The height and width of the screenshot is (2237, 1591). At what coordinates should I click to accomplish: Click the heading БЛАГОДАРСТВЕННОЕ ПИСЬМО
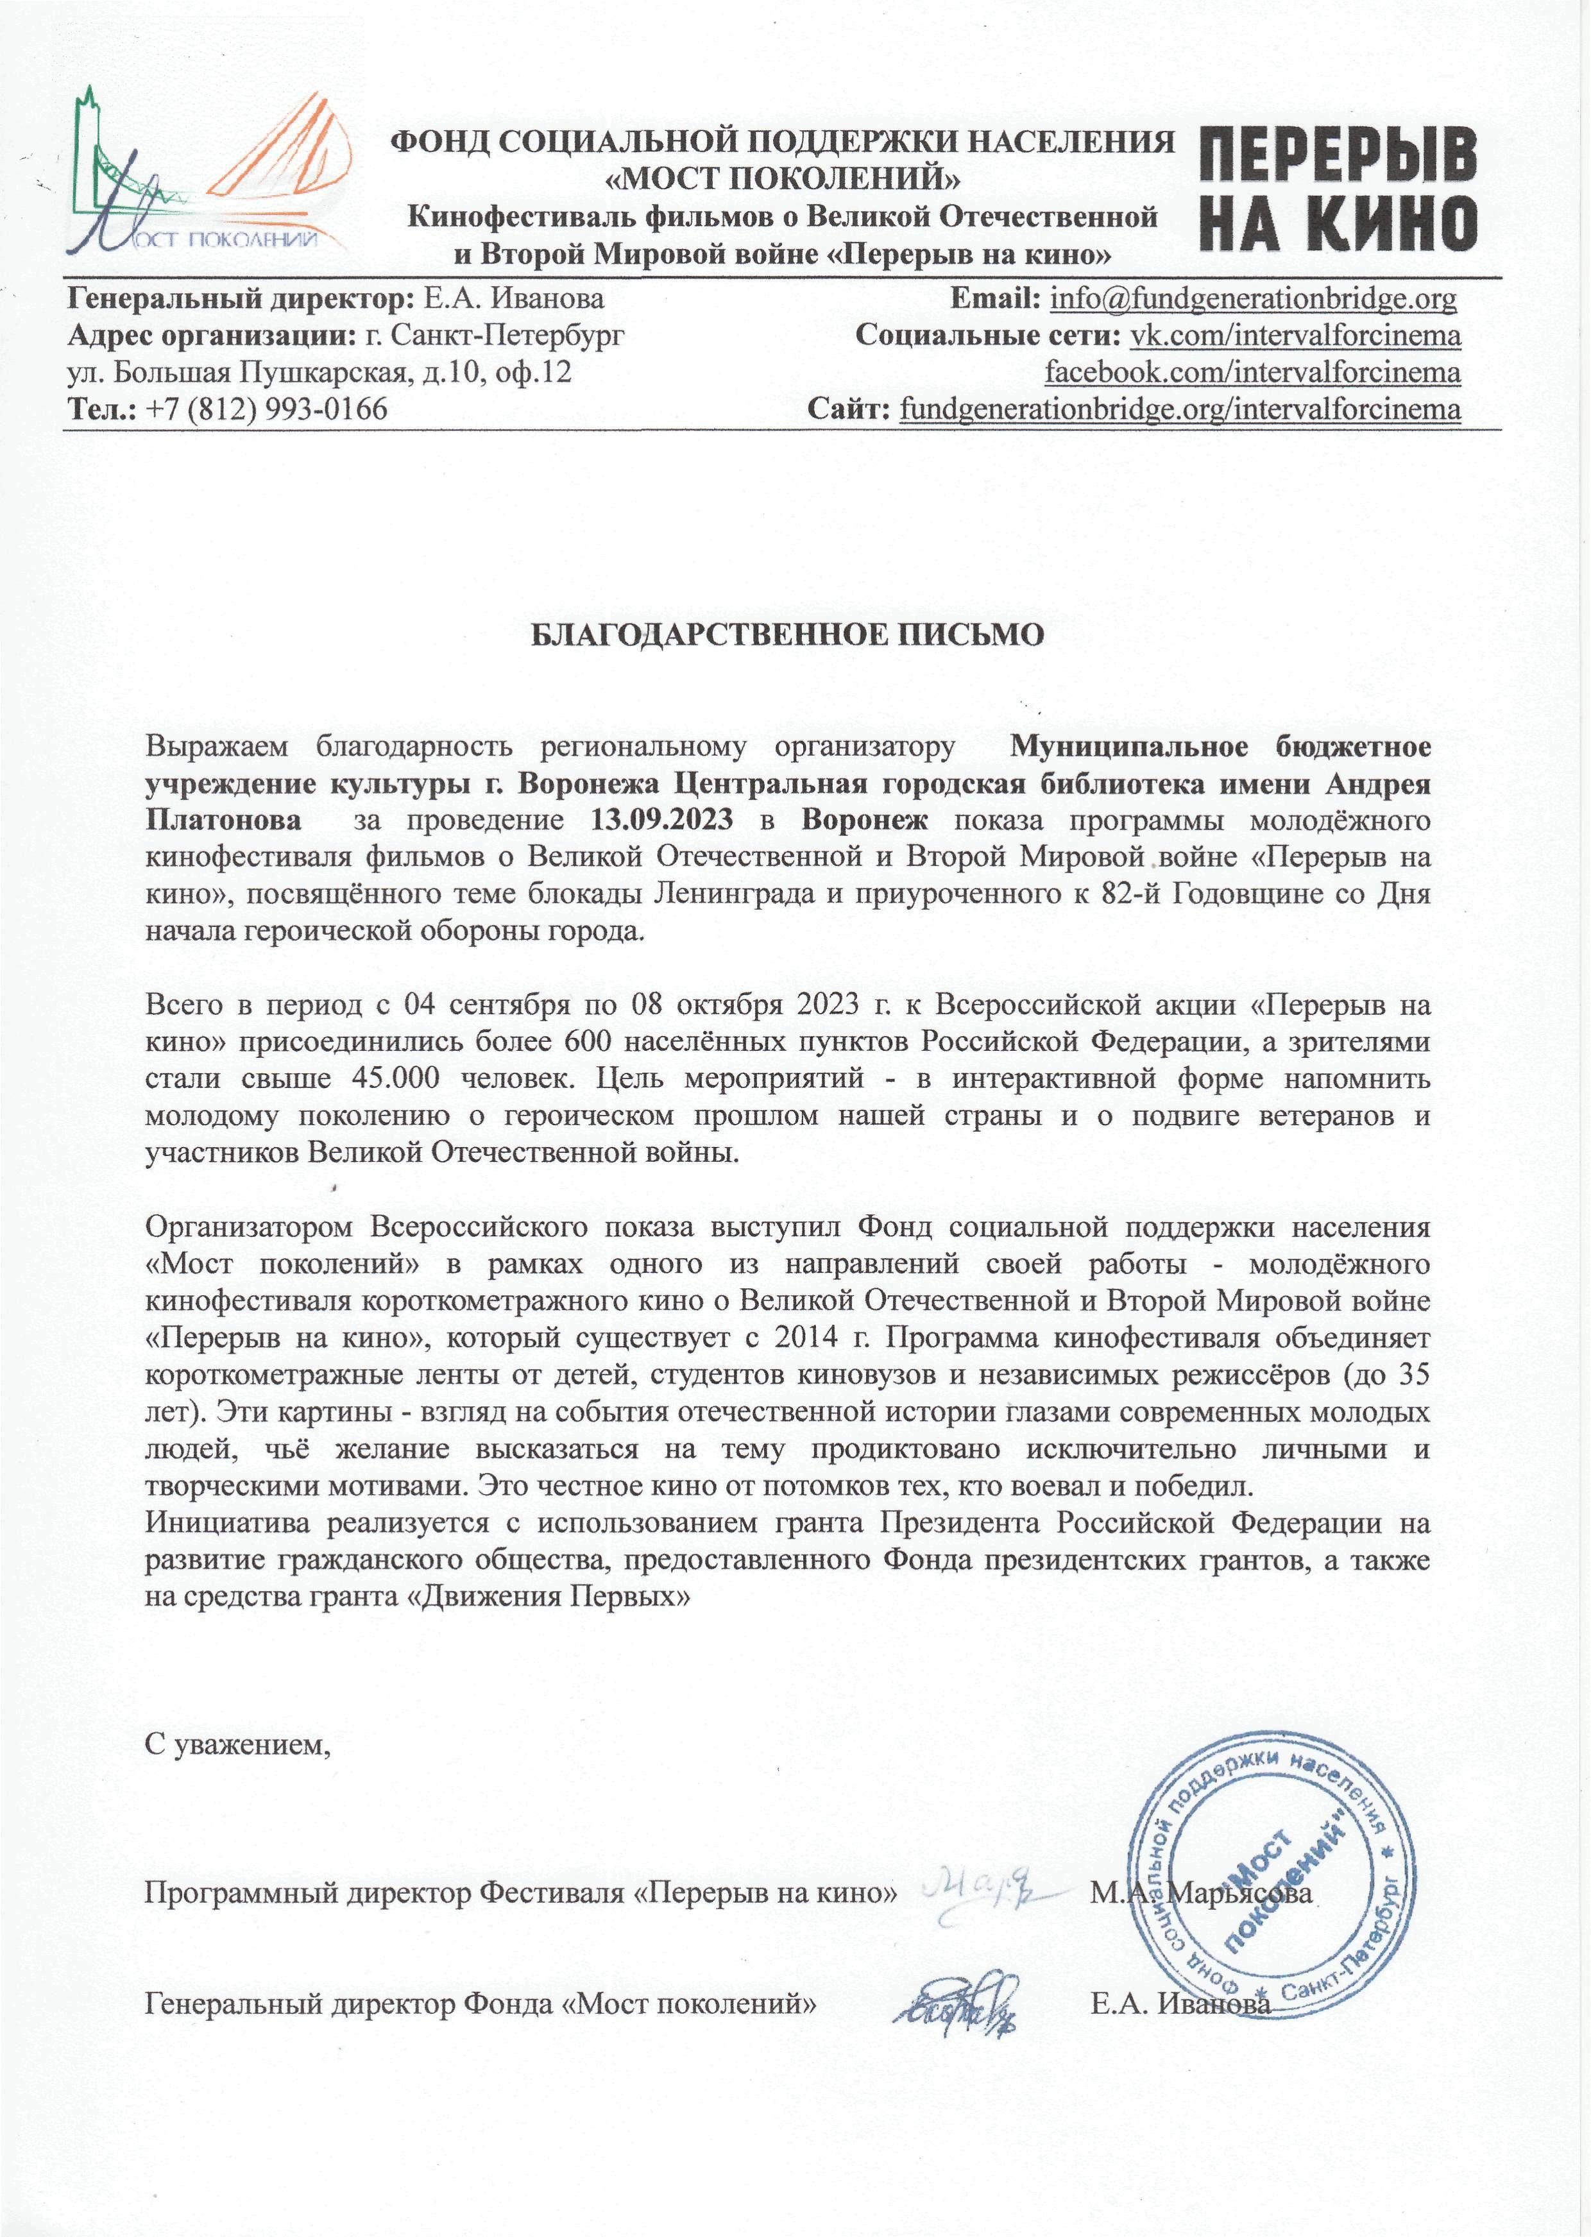[788, 634]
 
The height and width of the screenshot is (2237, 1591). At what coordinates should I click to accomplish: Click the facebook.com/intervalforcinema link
[1252, 372]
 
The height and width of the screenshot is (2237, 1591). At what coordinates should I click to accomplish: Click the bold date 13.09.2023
[661, 820]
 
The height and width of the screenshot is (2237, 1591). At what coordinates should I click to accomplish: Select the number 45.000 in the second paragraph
[392, 1078]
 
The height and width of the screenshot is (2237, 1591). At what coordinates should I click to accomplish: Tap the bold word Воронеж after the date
[864, 820]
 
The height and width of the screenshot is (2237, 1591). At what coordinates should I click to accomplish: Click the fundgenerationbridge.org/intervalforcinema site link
[1180, 409]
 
